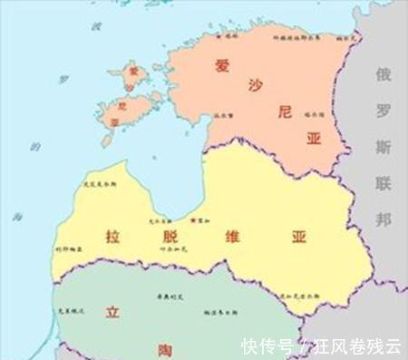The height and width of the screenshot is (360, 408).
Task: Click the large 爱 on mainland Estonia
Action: tap(222, 65)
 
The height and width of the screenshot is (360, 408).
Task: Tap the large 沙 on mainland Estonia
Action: tap(253, 86)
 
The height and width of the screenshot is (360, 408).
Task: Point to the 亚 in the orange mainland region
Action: tap(315, 139)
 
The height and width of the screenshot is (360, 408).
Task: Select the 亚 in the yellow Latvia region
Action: tap(298, 238)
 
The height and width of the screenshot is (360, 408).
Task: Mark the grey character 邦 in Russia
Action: tap(385, 220)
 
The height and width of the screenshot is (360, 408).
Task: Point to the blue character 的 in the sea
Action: tap(34, 145)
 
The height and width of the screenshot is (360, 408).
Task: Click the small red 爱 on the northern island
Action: tap(133, 70)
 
